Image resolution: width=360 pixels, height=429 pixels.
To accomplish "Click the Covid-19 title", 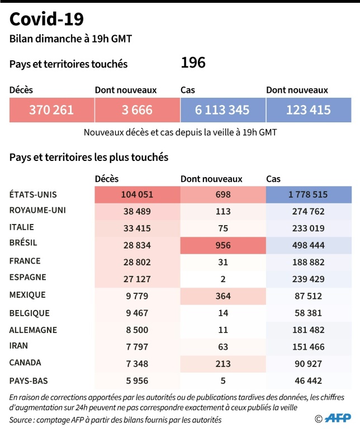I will (47, 20).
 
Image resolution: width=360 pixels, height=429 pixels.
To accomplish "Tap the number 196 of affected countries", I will (193, 63).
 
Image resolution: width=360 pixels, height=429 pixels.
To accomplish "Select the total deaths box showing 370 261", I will (51, 110).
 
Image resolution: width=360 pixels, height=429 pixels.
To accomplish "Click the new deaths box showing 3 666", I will (137, 110).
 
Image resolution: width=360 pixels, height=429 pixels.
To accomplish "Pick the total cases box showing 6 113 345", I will (222, 110).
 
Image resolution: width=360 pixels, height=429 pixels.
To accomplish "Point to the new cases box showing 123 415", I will (309, 110).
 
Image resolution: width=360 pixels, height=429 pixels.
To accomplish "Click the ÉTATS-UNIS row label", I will (34, 194).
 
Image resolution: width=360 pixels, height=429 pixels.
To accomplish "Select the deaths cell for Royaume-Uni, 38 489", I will (137, 211).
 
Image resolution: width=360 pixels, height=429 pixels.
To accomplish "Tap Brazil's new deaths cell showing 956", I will (222, 244).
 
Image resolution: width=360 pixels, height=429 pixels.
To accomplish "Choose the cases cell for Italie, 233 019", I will (309, 227).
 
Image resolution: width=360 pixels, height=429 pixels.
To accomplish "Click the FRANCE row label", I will (25, 261).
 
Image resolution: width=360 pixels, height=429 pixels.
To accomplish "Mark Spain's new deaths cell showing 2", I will (222, 278).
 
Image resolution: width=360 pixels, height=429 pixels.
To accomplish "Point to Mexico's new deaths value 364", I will (222, 295).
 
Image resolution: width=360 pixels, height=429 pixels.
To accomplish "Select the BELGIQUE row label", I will (30, 313).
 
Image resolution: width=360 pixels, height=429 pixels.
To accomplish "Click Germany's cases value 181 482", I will (309, 330).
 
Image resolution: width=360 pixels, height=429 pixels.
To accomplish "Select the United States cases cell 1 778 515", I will (309, 194).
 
